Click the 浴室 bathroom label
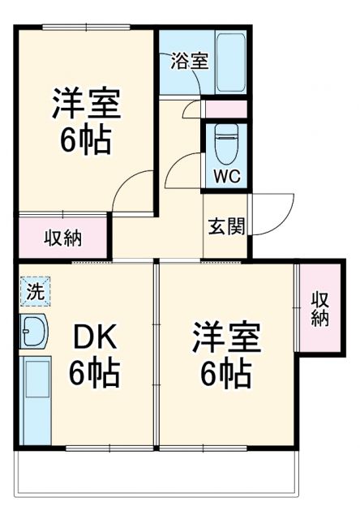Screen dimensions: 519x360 (190, 62)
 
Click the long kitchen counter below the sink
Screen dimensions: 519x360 (36, 397)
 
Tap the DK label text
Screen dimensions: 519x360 (95, 337)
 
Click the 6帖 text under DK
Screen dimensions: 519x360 (95, 373)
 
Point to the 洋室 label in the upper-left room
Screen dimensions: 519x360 (86, 105)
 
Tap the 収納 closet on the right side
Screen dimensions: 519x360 (319, 307)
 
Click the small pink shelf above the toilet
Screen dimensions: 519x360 (225, 109)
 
